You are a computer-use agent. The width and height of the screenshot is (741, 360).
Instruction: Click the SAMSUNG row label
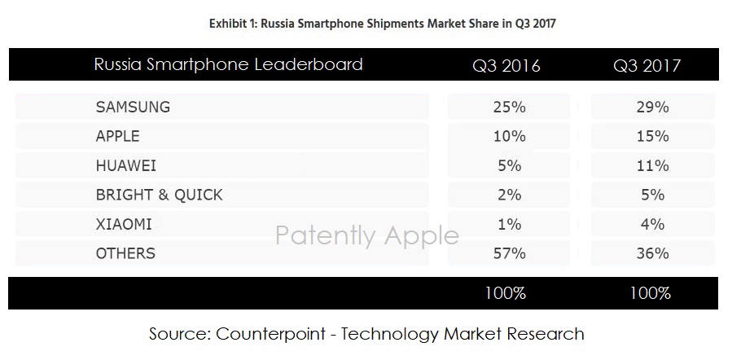pos(133,107)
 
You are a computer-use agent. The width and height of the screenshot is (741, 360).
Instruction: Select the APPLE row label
pos(118,136)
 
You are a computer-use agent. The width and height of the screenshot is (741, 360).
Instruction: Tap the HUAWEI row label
pos(125,165)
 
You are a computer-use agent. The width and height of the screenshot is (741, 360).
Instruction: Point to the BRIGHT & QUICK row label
pos(159,195)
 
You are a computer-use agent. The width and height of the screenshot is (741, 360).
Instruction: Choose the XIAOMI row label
pos(124,224)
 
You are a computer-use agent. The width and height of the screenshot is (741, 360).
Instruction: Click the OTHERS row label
pos(125,253)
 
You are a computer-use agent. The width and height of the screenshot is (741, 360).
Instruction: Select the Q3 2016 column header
pos(506,66)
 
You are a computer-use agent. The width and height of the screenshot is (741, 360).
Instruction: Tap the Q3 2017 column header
pos(647,66)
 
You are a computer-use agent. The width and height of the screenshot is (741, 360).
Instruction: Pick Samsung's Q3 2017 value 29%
pos(651,107)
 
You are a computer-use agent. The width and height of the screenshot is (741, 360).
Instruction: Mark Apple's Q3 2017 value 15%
pos(651,136)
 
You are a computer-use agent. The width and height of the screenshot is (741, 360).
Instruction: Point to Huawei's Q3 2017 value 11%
pos(651,165)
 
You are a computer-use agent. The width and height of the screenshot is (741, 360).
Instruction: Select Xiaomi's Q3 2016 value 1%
pos(510,224)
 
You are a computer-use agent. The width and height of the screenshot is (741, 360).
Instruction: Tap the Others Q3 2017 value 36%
pos(651,253)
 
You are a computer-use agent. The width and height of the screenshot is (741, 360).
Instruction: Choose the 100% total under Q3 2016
pos(506,293)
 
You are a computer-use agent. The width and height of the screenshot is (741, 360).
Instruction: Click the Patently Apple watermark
pos(366,235)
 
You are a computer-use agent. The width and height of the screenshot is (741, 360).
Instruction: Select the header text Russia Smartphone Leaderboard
pos(228,64)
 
